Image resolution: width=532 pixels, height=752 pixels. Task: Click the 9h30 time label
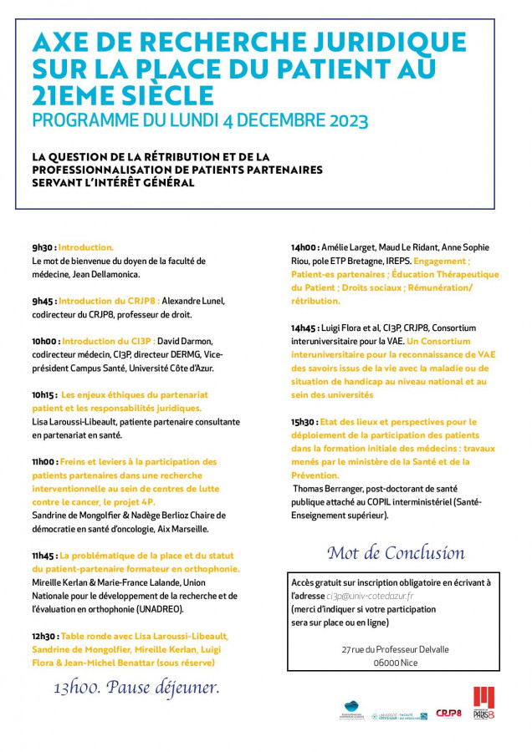tap(43, 247)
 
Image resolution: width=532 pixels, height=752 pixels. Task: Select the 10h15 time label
tap(44, 394)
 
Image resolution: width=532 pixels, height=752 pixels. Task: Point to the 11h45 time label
tap(44, 556)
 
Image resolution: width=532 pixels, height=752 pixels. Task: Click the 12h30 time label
tap(45, 636)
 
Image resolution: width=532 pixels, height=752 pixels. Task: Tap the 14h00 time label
tap(304, 247)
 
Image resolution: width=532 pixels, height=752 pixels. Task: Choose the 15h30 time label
tap(304, 422)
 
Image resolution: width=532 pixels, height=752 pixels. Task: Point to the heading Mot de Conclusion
tap(395, 552)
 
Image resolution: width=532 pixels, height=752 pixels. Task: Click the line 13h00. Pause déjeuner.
tap(136, 688)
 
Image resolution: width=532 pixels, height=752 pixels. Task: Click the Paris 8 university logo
tap(484, 704)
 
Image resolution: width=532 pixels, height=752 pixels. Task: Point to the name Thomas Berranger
tap(330, 488)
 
